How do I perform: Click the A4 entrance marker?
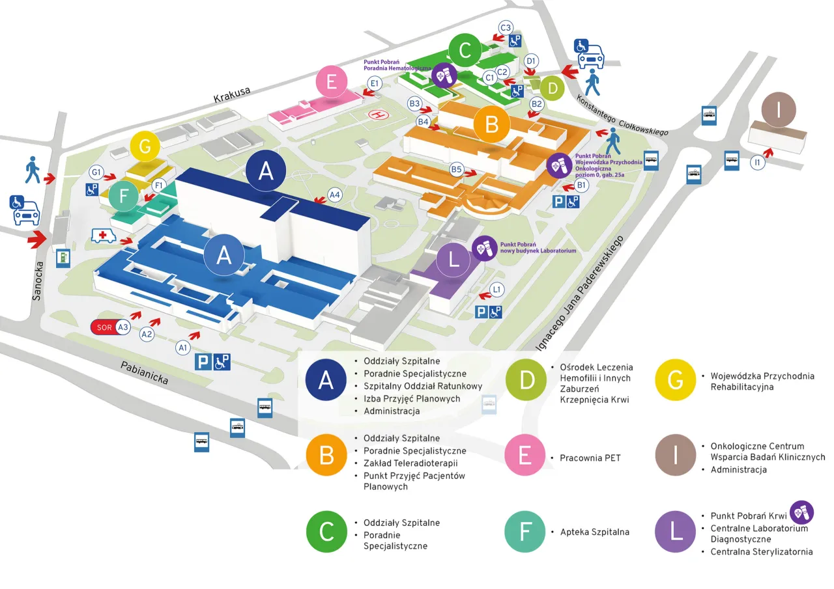tap(335, 194)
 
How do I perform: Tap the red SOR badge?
tap(105, 327)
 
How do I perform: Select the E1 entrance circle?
tap(375, 83)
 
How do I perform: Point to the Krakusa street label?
tap(231, 95)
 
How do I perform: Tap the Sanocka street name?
tap(37, 281)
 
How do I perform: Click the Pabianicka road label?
tap(145, 373)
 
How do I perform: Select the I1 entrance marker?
tap(757, 163)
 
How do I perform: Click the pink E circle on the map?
tap(332, 83)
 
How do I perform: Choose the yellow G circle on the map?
tap(145, 146)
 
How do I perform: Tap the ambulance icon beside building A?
tap(104, 235)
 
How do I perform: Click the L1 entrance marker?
tap(497, 288)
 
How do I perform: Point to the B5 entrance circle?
tap(457, 171)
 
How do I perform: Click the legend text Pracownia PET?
tap(590, 458)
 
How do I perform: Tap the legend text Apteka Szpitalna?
tap(594, 532)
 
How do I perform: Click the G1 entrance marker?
tap(97, 172)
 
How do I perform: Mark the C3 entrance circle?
tap(506, 27)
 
